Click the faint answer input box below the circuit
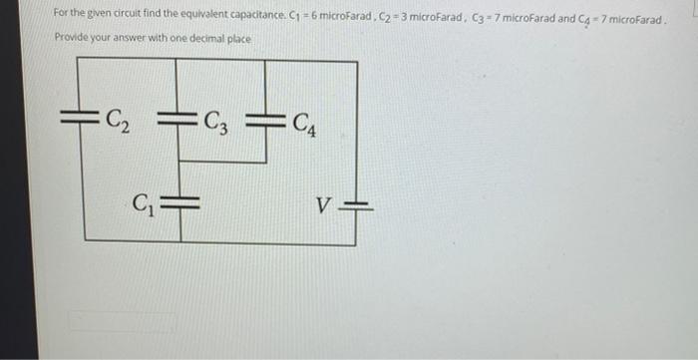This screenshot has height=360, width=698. (121, 321)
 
